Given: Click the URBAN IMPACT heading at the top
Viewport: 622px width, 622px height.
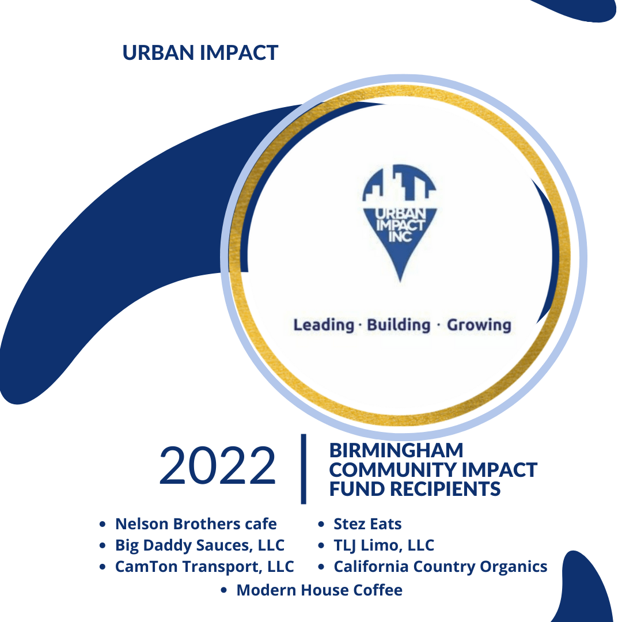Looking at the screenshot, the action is (x=200, y=53).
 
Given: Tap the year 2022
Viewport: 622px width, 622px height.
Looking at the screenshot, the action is (x=217, y=466).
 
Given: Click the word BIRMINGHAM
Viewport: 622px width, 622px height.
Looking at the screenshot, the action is (x=396, y=450).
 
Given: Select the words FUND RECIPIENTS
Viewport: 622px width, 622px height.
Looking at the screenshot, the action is (x=415, y=489).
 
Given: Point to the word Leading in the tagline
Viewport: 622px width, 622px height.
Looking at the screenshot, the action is (x=323, y=325).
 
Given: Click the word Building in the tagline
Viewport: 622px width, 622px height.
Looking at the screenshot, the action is (x=399, y=325).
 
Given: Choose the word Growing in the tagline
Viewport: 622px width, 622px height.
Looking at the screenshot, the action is (x=479, y=325).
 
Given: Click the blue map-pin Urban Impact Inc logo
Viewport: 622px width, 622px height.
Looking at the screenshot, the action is (x=400, y=223).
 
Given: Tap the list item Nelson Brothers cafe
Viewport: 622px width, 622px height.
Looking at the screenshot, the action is (x=196, y=524).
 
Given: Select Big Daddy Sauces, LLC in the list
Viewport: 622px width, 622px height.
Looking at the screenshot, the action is (x=200, y=545).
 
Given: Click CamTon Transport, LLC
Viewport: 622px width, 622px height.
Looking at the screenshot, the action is (x=204, y=567).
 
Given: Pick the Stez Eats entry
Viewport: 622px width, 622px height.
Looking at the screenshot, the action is (x=367, y=524).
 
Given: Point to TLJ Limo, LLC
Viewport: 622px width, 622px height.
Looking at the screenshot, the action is (x=384, y=545).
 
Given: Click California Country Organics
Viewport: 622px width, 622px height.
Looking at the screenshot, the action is (x=441, y=567).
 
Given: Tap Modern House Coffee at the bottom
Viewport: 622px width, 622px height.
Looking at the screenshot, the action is (x=319, y=590).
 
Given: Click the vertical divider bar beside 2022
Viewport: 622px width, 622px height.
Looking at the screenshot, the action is (x=304, y=469).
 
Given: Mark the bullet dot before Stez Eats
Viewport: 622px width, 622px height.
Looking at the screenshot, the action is (x=321, y=525).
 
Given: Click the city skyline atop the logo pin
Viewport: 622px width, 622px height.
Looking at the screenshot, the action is (x=400, y=183).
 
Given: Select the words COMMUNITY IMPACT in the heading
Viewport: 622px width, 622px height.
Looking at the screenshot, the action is (x=433, y=470).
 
